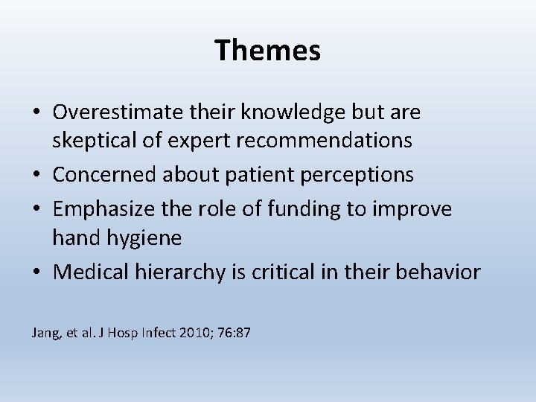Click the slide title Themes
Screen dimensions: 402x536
pos(268,51)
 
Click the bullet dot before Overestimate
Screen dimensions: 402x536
pos(36,113)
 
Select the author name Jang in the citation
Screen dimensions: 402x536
pos(44,333)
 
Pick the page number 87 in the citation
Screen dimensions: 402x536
pos(243,333)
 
